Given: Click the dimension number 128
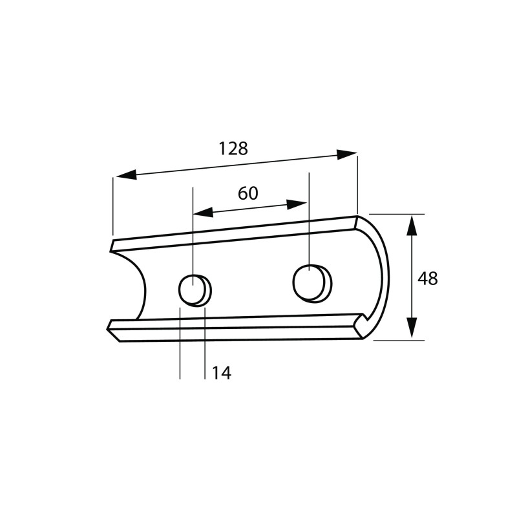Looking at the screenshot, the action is pos(233,149).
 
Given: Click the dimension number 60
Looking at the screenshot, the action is pos(248,193).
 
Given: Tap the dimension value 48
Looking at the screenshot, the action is pos(428,279).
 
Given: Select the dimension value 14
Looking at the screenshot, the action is pos(221,374).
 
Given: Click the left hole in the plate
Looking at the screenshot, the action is pos(195,290).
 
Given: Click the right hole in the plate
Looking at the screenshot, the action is pos(312,284).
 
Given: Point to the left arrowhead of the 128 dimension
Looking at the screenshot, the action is pos(126,174).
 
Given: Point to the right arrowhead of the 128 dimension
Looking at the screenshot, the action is pos(347,154).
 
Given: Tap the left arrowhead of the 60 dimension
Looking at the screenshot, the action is pos(203,213).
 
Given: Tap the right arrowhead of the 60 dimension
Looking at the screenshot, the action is pos(297,204).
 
